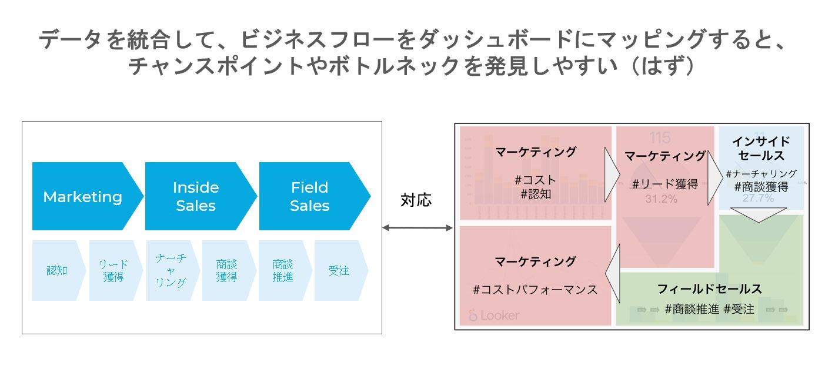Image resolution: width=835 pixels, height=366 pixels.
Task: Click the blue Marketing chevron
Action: pyautogui.click(x=82, y=197)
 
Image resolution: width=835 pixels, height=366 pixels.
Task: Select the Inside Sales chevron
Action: pyautogui.click(x=196, y=197)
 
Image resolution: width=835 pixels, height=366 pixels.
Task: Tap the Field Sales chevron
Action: pyautogui.click(x=310, y=197)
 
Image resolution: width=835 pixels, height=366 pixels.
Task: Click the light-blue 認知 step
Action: pyautogui.click(x=56, y=271)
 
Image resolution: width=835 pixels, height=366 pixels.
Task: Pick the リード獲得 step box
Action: pyautogui.click(x=113, y=271)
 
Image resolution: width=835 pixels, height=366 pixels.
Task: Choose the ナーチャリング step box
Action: pyautogui.click(x=171, y=271)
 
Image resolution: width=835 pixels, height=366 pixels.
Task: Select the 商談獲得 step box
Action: pyautogui.click(x=226, y=271)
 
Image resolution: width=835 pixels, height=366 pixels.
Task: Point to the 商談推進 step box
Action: pyautogui.click(x=283, y=271)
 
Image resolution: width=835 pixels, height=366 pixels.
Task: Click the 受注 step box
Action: pyautogui.click(x=339, y=271)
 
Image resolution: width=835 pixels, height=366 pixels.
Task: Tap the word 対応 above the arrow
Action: pyautogui.click(x=416, y=200)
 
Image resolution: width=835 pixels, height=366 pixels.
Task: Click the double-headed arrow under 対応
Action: pyautogui.click(x=417, y=227)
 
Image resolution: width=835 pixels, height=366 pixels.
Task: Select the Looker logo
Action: pyautogui.click(x=494, y=315)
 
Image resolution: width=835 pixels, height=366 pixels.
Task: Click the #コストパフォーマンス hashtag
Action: pyautogui.click(x=535, y=290)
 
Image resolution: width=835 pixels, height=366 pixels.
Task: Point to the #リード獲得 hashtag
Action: pyautogui.click(x=664, y=184)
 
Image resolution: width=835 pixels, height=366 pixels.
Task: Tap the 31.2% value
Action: pyautogui.click(x=661, y=200)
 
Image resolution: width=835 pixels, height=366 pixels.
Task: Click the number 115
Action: pyautogui.click(x=660, y=138)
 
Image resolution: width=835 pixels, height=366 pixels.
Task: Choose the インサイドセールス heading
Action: pyautogui.click(x=761, y=149)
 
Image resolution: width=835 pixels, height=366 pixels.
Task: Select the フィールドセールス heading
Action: pyautogui.click(x=709, y=288)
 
